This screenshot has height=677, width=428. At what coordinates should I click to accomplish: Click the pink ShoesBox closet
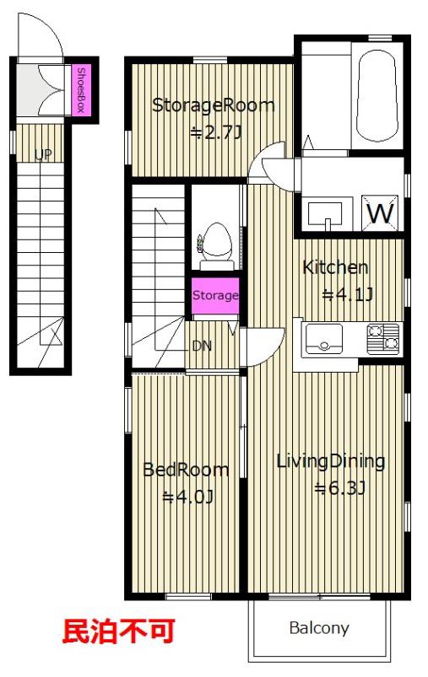coord(81,90)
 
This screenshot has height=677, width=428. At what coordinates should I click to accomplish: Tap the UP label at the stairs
coord(43,154)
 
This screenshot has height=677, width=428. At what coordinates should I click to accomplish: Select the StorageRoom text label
coord(213,105)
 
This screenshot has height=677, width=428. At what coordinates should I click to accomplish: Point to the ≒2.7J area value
coord(216,132)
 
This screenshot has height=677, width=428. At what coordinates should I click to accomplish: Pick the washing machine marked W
coord(380,212)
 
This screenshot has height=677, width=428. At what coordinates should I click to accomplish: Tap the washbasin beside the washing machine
coord(325,213)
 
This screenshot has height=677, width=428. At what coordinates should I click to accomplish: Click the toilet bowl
coord(216,244)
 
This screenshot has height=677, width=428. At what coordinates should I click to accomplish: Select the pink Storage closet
coord(215,296)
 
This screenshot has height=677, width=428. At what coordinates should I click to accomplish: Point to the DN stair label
coord(202,346)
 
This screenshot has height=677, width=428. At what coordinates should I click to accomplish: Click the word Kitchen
coord(335,268)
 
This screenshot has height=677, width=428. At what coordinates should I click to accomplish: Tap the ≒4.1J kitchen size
coord(348,295)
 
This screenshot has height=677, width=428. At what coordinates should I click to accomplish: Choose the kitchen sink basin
coord(324,339)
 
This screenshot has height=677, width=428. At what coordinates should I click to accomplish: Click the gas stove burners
coord(383,338)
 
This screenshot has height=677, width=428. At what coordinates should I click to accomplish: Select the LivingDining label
coord(330,462)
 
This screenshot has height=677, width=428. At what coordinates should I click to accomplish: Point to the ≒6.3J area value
coord(342,488)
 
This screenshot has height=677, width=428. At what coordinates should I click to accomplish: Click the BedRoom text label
coord(186,470)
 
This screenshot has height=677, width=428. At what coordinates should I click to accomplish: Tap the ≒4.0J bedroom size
coord(188,497)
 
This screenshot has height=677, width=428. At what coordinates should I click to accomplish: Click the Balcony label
coord(319,628)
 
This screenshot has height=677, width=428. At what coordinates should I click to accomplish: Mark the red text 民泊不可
coord(119,631)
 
